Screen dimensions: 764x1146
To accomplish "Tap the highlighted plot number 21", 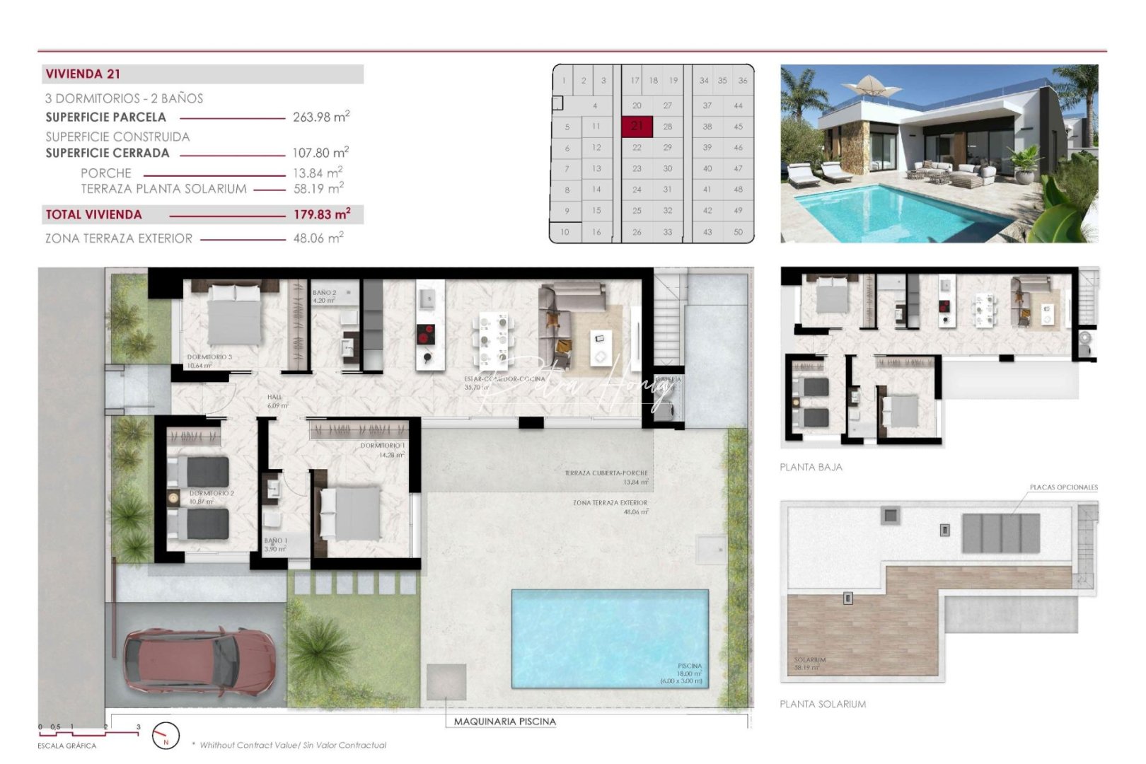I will click(x=637, y=126).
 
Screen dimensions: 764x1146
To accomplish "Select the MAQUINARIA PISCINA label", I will click(x=504, y=722).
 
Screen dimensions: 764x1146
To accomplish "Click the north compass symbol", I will click(x=166, y=736).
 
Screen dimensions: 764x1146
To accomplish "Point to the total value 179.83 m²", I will click(x=322, y=214).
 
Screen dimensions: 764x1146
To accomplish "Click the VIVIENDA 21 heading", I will click(x=83, y=74).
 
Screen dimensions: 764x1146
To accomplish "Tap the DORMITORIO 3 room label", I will click(x=209, y=357).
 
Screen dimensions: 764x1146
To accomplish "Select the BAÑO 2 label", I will click(x=324, y=292).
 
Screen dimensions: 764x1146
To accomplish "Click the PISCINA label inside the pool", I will click(x=689, y=666).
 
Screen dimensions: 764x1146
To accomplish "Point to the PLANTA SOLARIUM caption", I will click(x=822, y=704).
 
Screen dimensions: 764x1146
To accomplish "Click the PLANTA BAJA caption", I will click(x=811, y=467).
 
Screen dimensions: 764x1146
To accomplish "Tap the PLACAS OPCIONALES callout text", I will click(x=1063, y=487).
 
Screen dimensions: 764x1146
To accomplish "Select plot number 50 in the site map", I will click(x=738, y=232).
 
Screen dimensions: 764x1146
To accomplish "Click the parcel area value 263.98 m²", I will click(x=321, y=117).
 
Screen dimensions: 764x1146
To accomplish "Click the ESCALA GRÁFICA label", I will click(x=66, y=746).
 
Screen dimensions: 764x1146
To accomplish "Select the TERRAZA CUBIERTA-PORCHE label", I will click(x=606, y=473).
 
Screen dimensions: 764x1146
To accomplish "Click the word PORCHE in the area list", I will click(x=106, y=173).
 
